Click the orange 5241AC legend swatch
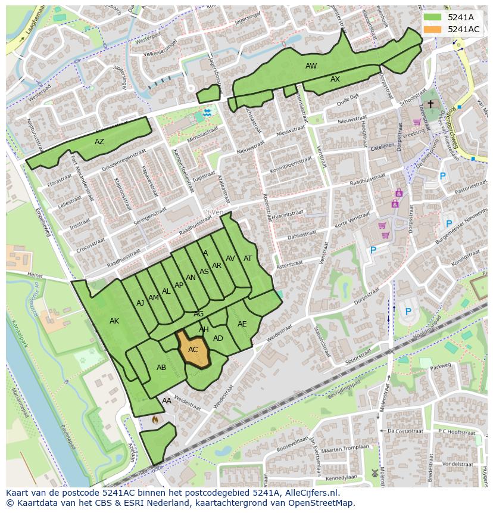(433, 29)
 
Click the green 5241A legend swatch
(433, 17)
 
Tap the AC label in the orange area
(193, 350)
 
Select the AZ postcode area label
(99, 142)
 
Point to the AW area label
(311, 66)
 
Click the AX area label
(335, 79)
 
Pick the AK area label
(114, 321)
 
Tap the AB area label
(161, 368)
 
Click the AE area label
(242, 324)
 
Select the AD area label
(218, 338)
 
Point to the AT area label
(248, 259)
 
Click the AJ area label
(141, 303)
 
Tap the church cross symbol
(430, 104)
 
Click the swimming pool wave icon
(207, 113)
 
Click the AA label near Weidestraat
(167, 401)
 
